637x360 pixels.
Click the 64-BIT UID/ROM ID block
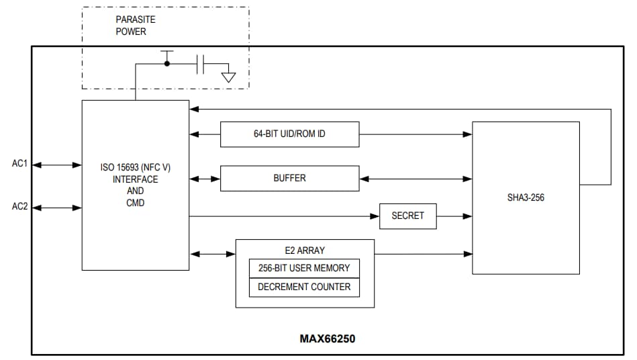(x=289, y=134)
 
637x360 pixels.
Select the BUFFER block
(x=289, y=178)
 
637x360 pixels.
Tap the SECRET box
(x=407, y=216)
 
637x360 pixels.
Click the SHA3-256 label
(x=526, y=198)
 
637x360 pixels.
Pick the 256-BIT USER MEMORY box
(x=304, y=268)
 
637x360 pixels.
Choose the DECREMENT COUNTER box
(x=304, y=287)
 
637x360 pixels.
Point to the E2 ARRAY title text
(x=304, y=251)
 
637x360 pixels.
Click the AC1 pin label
(x=19, y=164)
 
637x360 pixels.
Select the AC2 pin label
(x=19, y=207)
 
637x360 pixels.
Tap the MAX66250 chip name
(x=327, y=339)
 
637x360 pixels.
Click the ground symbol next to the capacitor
(x=229, y=76)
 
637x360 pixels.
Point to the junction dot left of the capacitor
(x=167, y=64)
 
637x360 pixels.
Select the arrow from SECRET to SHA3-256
(x=454, y=216)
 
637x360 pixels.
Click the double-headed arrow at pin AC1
(x=57, y=165)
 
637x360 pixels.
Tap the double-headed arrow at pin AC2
(x=57, y=208)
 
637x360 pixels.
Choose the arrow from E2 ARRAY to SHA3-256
(x=423, y=253)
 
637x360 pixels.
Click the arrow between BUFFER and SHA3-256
(x=415, y=179)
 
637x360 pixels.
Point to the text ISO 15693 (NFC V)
(x=135, y=167)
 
